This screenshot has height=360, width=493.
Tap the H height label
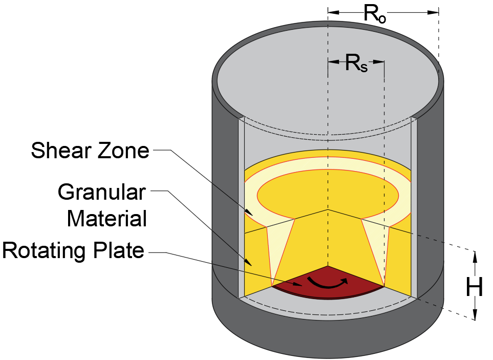point(475,289)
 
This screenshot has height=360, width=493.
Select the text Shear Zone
point(90,151)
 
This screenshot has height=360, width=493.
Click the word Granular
point(102,193)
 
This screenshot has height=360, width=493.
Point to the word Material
point(107,219)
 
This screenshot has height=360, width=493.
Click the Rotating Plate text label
point(73,251)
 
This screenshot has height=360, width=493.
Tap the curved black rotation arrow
point(328,283)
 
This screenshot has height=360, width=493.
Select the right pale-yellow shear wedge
point(375,246)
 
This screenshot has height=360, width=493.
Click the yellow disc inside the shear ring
point(328,193)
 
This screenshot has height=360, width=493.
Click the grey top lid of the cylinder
point(328,77)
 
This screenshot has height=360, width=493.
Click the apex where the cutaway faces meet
point(328,209)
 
